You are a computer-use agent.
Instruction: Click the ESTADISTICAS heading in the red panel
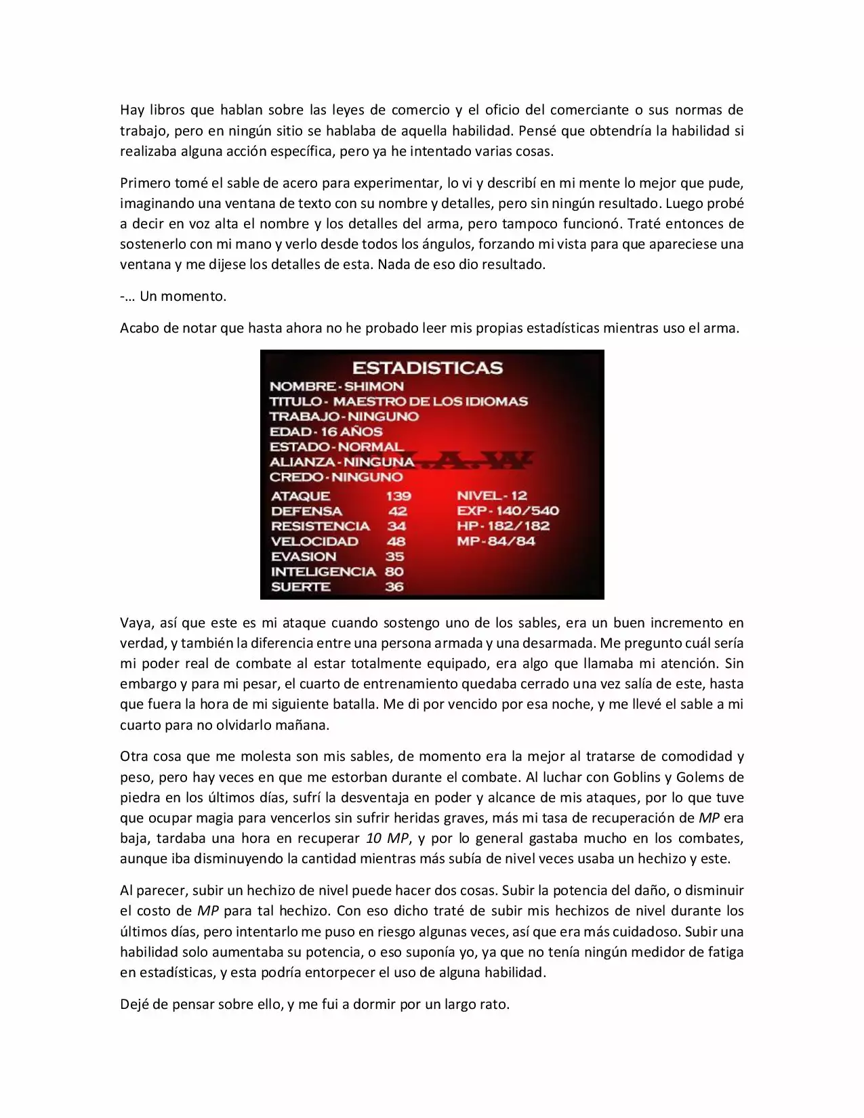[x=427, y=368]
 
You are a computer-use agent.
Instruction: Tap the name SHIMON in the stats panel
[x=374, y=386]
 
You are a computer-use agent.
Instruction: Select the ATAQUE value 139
[x=398, y=496]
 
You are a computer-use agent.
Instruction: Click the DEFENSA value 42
[x=397, y=511]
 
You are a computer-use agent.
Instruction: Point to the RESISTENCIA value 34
[x=396, y=526]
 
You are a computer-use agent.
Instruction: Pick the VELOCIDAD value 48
[x=396, y=541]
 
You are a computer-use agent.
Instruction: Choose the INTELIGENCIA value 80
[x=394, y=571]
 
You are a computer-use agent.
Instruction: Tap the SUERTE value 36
[x=394, y=587]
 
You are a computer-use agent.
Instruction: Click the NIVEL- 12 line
[x=491, y=496]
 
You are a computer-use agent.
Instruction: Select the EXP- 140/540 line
[x=508, y=511]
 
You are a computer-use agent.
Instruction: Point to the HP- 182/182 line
[x=503, y=526]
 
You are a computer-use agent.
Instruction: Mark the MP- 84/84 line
[x=495, y=541]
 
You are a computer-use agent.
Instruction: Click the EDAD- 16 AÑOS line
[x=326, y=432]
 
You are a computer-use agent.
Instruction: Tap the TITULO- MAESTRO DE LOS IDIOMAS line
[x=398, y=401]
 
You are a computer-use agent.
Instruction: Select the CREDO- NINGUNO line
[x=336, y=477]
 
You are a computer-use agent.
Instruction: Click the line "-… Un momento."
[x=173, y=296]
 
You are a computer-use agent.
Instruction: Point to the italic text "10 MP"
[x=387, y=838]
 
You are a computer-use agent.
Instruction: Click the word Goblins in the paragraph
[x=637, y=777]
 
